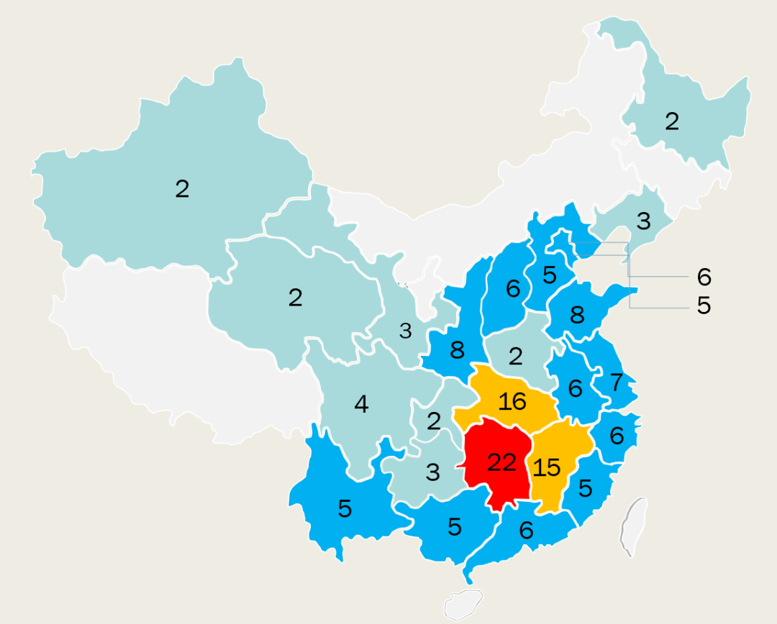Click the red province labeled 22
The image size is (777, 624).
pos(501,463)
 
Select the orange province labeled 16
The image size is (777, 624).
pos(512,401)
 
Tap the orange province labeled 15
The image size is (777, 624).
pos(547,467)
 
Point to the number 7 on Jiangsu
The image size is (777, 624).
pos(617,383)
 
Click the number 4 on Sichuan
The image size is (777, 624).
pos(361,405)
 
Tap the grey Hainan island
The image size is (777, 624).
pos(463,605)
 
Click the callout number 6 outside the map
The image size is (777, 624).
pos(704,277)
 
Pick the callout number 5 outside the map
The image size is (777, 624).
pos(704,306)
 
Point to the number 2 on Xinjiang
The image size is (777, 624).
pos(182,189)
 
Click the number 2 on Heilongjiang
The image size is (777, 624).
pos(671,121)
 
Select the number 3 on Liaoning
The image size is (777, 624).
pos(643,221)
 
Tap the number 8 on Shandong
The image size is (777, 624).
pos(577,315)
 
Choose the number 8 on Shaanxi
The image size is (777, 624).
pos(457,350)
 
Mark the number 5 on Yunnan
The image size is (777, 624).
pos(345,509)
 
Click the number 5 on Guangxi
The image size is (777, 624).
pos(454,527)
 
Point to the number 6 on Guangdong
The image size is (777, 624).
pos(526,531)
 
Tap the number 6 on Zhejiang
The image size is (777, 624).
pos(617,436)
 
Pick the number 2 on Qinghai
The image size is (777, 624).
pos(295,298)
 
